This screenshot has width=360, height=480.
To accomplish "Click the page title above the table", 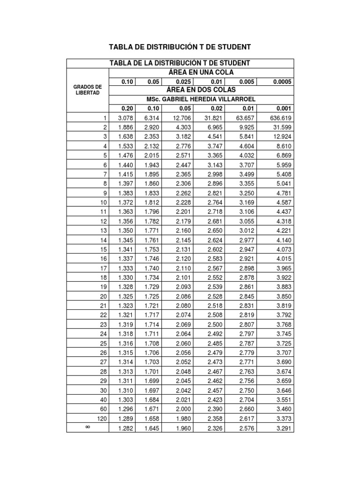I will pyautogui.click(x=180, y=47).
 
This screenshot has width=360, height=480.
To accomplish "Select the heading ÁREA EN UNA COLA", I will pyautogui.click(x=201, y=72).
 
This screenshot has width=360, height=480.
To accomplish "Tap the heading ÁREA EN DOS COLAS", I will pyautogui.click(x=201, y=90).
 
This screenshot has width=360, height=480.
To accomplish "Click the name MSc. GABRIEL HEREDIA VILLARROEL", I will pyautogui.click(x=201, y=99).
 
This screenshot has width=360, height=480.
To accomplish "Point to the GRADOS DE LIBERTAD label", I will pyautogui.click(x=88, y=90).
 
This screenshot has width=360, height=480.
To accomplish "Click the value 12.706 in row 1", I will pyautogui.click(x=181, y=118).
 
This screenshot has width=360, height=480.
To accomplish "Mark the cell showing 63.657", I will pyautogui.click(x=244, y=118).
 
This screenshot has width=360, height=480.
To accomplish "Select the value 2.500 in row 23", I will pyautogui.click(x=213, y=324).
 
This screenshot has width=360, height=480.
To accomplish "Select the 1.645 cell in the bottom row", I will pyautogui.click(x=151, y=428).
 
